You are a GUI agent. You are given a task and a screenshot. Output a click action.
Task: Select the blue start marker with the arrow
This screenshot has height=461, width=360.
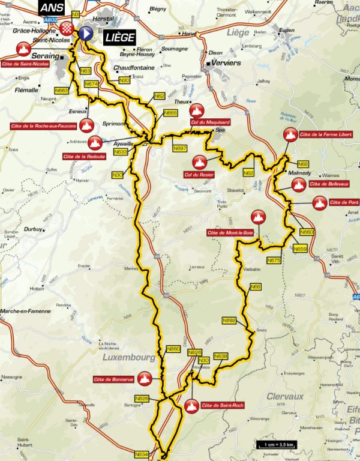tap(86, 34)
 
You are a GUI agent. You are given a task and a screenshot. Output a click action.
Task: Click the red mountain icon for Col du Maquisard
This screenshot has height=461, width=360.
tap(196, 110)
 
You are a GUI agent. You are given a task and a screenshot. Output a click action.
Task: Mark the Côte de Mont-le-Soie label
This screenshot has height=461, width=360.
tap(229, 232)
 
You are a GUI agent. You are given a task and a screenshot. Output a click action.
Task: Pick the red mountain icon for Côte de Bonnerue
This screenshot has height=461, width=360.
tap(143, 378)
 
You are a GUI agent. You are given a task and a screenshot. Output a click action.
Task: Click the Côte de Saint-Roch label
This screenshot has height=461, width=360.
tap(222, 406)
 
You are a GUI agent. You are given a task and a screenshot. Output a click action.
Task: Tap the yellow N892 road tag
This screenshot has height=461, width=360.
tap(229, 321)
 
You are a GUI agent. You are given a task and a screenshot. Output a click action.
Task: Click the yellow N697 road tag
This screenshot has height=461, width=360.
tap(179, 148)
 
